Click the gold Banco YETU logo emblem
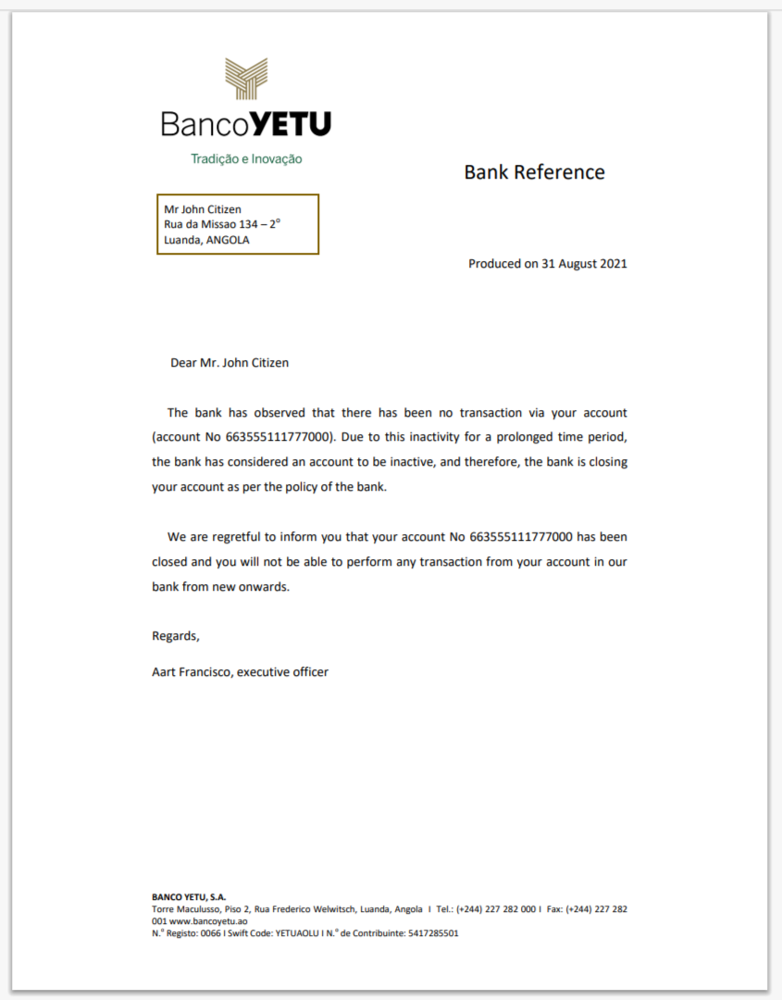(246, 79)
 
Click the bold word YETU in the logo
(291, 124)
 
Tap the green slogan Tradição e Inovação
(246, 158)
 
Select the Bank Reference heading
(534, 172)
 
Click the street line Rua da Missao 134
(221, 224)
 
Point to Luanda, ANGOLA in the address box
(206, 240)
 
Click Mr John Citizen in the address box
(203, 209)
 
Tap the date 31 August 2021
(584, 264)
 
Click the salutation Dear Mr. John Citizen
(230, 363)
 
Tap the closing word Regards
(175, 636)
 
